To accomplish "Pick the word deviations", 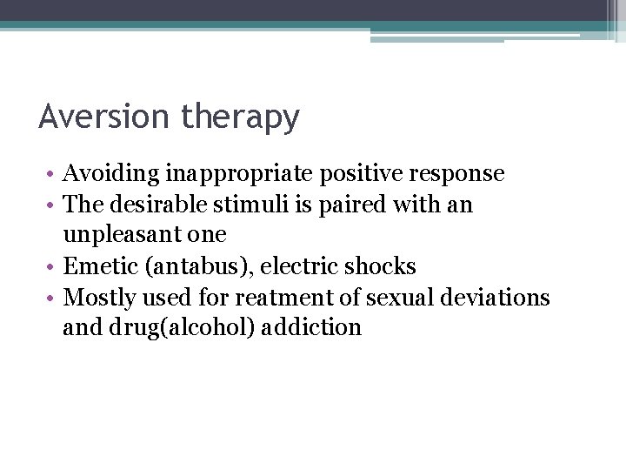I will [x=499, y=298].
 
